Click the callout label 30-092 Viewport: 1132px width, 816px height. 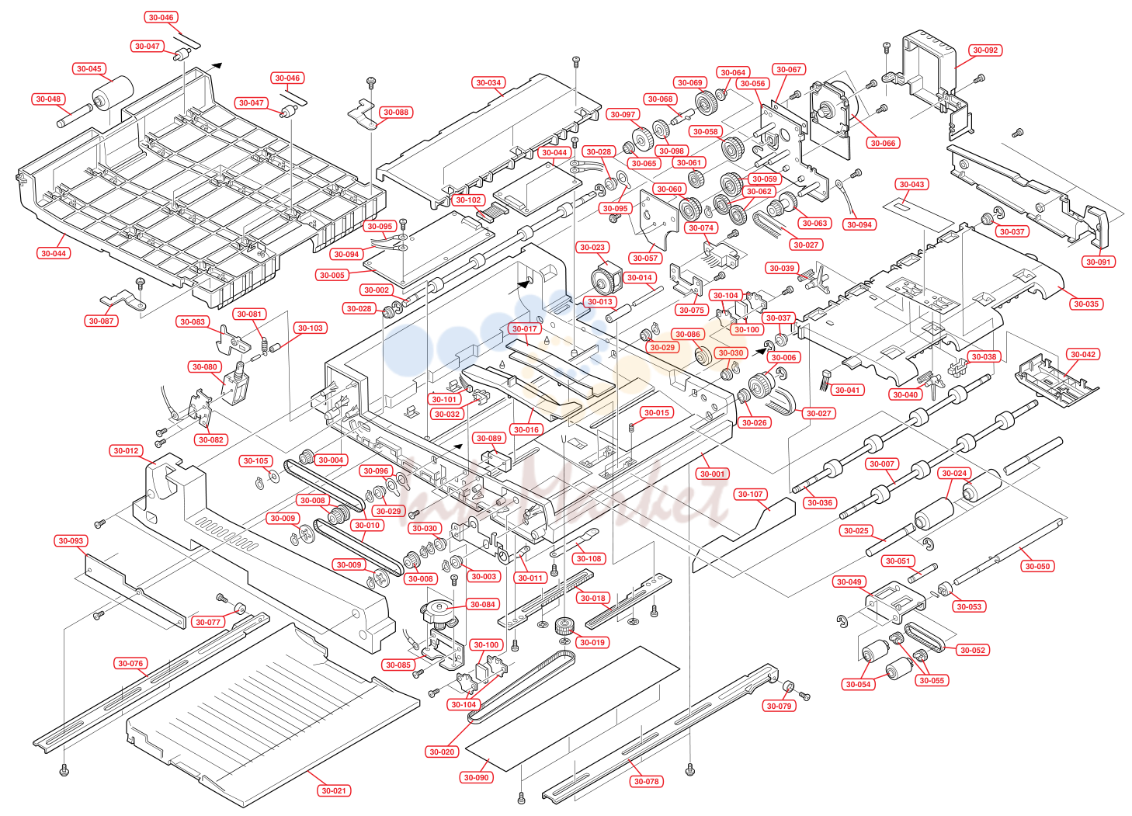(x=985, y=50)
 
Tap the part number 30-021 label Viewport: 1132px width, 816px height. (x=334, y=790)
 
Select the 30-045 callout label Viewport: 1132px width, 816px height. (x=89, y=69)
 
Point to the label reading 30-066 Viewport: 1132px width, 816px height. (x=883, y=143)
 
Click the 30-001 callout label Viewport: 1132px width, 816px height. (x=712, y=474)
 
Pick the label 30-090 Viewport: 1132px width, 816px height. (x=476, y=778)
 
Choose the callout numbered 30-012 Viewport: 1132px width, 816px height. (x=126, y=450)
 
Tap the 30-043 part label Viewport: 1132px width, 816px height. (x=912, y=185)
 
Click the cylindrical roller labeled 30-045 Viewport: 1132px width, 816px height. (x=112, y=93)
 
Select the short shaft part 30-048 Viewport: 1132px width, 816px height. (x=75, y=116)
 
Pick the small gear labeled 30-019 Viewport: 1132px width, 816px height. (x=564, y=627)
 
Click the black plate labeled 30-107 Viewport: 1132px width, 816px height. (x=743, y=536)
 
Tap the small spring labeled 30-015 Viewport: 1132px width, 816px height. (x=631, y=428)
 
